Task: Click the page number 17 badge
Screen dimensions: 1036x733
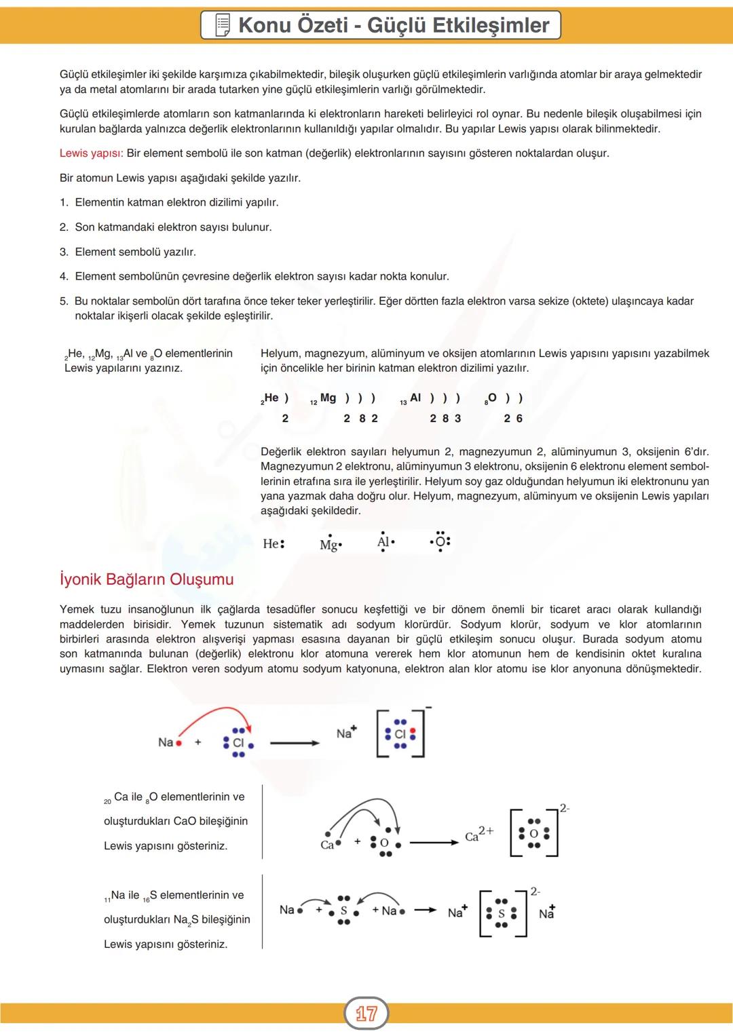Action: coord(366,1014)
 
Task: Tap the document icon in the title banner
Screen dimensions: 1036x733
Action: coord(222,26)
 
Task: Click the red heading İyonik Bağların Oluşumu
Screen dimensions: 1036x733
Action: coord(147,579)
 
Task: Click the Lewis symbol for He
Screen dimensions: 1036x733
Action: coord(274,543)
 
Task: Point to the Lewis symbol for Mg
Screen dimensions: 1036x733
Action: coord(331,545)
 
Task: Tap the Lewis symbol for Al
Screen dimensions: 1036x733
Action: coord(386,541)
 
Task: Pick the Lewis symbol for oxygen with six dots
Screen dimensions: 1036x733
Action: coord(440,542)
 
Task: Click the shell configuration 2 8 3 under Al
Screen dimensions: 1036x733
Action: coord(445,419)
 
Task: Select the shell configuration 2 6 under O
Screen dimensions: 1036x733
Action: coord(513,419)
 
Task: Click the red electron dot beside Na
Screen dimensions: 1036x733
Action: coord(179,743)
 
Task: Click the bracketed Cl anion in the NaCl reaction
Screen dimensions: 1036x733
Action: coord(400,734)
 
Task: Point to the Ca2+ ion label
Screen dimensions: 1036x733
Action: coord(479,834)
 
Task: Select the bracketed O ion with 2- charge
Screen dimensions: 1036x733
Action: coord(534,833)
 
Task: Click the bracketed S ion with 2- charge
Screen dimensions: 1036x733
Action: coord(502,913)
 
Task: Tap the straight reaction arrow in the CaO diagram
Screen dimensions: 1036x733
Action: coord(434,843)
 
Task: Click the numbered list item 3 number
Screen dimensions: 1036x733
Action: coord(64,252)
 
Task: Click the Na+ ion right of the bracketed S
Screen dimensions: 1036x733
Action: coord(547,913)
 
